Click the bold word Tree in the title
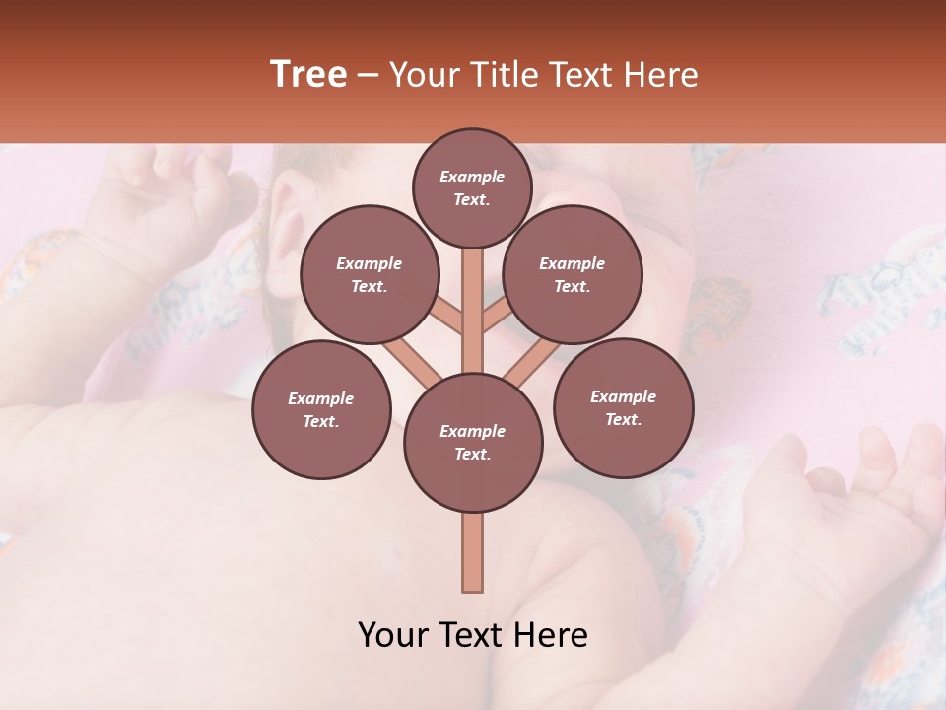coord(308,75)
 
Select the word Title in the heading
coord(500,75)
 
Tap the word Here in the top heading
coord(660,75)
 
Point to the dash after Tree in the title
coord(369,76)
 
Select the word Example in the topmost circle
coord(472,177)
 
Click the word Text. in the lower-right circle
coord(623,419)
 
